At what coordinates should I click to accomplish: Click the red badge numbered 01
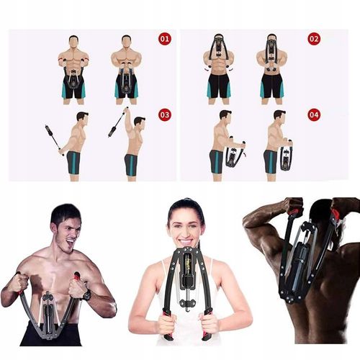tap(165, 39)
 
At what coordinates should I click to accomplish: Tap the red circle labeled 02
tap(313, 39)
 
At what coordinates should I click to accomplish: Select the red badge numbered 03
tap(165, 114)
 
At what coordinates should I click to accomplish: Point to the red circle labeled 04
tap(313, 114)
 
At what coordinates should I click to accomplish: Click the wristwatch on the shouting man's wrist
tap(86, 294)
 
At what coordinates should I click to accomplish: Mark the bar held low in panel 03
tap(52, 138)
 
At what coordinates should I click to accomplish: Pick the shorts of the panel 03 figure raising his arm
tap(131, 165)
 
